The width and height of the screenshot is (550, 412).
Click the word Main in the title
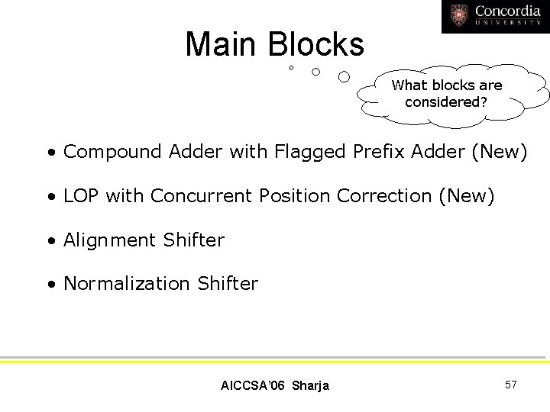[x=222, y=44]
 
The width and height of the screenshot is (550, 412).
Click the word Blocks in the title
[x=315, y=44]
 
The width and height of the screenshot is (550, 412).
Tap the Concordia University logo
[x=495, y=16]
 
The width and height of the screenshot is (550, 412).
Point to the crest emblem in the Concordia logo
[x=459, y=15]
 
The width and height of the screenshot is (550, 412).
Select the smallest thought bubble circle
[x=291, y=69]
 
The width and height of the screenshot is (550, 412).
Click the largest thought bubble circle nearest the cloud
[x=344, y=76]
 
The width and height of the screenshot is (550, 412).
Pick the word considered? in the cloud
[x=446, y=101]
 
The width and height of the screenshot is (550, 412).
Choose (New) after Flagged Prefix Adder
[x=500, y=152]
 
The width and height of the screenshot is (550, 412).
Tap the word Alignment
[x=110, y=240]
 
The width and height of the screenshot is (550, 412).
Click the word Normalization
[x=127, y=284]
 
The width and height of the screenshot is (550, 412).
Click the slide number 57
[x=510, y=385]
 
